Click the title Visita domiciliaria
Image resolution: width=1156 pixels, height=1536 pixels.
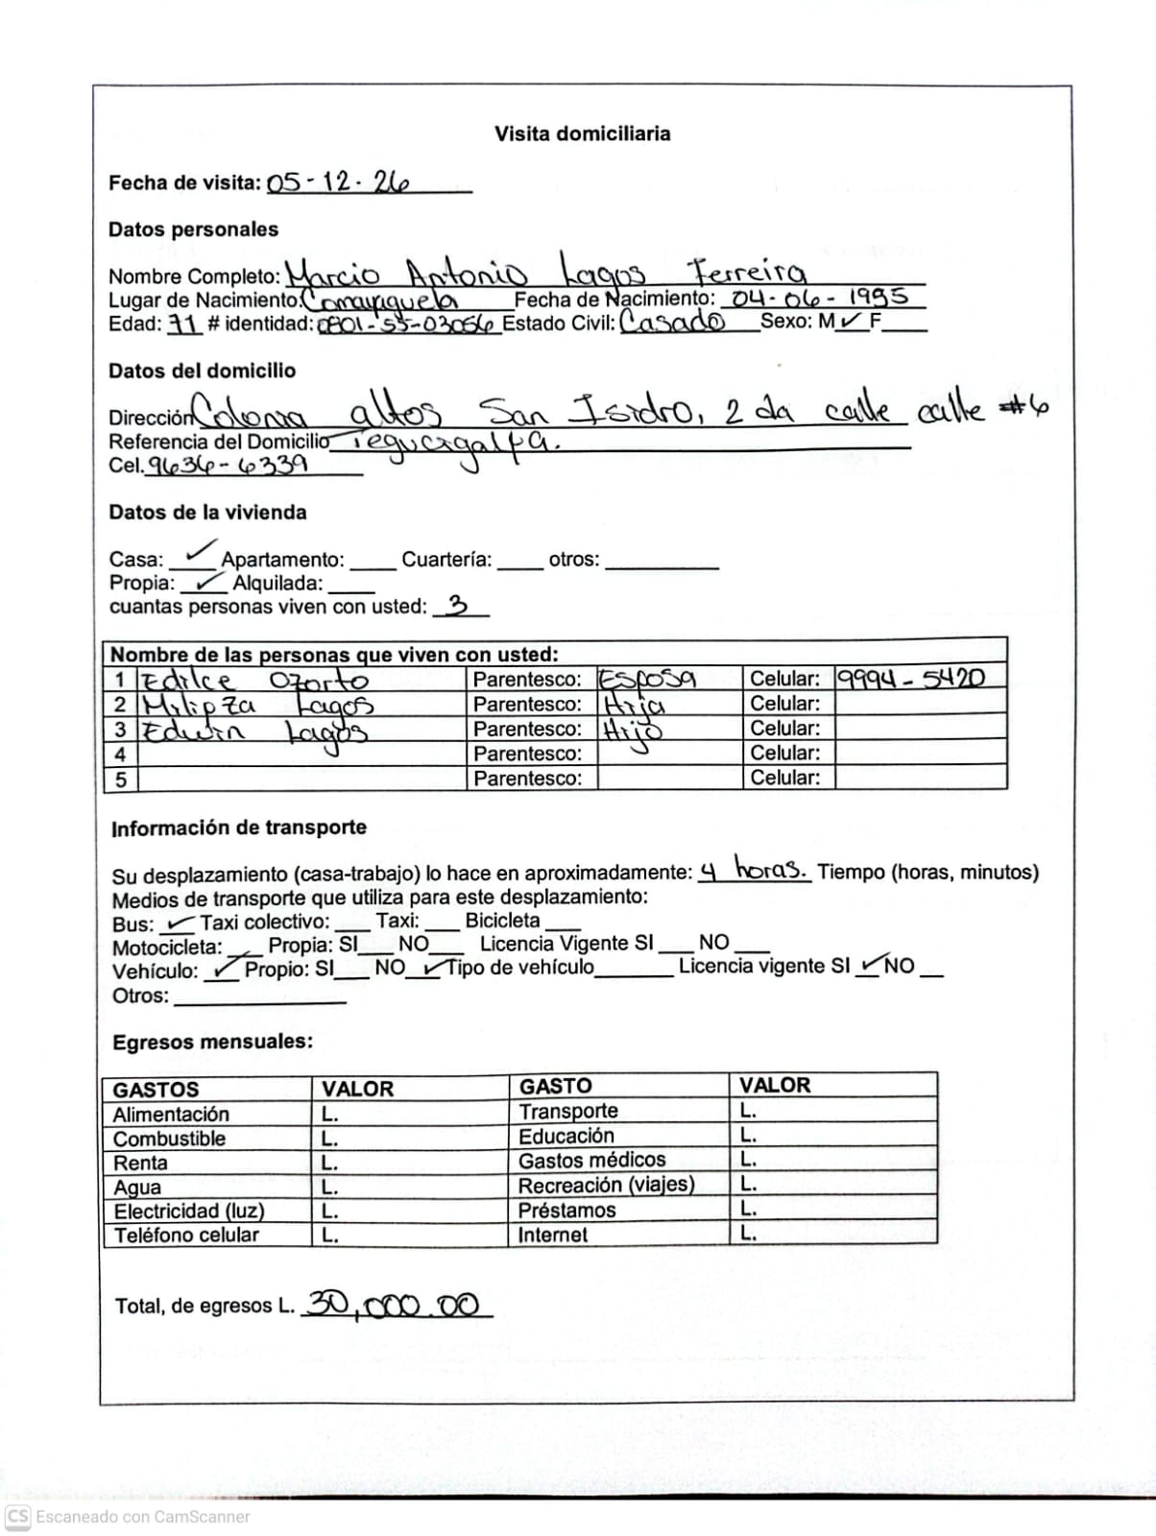click(582, 134)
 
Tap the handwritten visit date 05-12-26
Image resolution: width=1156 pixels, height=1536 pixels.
click(338, 181)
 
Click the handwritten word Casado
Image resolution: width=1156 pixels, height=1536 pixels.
click(673, 321)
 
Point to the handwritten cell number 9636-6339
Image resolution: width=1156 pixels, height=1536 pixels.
click(229, 466)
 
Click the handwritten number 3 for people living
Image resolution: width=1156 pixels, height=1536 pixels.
click(458, 606)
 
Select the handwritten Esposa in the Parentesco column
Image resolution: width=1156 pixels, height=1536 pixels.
click(647, 679)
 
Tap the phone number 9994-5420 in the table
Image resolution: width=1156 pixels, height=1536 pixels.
click(910, 678)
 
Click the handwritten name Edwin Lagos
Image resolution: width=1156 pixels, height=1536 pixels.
click(254, 732)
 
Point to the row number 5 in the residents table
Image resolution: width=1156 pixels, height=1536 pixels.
click(121, 779)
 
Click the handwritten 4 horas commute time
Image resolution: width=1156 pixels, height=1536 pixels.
click(754, 871)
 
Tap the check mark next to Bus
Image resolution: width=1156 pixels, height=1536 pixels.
click(178, 924)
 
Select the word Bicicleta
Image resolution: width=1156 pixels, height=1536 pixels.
click(502, 921)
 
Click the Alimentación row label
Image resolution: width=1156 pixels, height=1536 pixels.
click(171, 1115)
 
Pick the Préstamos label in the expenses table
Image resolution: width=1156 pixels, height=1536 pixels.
click(566, 1211)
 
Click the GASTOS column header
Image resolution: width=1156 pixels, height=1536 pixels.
click(156, 1090)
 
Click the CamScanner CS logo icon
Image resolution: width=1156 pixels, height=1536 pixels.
click(18, 1517)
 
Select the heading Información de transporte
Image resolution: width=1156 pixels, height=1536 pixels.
click(239, 828)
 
